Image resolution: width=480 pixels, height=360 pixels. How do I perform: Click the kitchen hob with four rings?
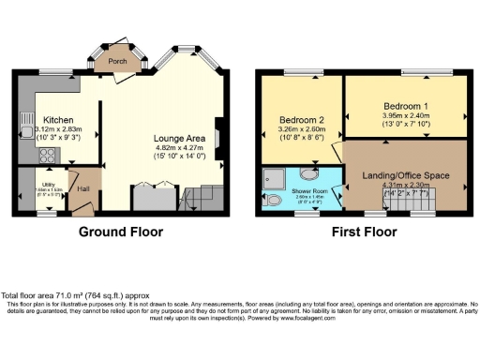click(44, 152)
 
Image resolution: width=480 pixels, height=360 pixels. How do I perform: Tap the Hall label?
click(83, 188)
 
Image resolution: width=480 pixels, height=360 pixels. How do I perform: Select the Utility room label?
click(45, 184)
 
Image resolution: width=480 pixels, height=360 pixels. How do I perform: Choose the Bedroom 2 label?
click(300, 119)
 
